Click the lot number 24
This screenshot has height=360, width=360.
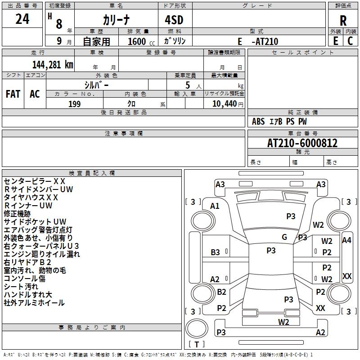[22, 19]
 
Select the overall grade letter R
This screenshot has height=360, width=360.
[343, 21]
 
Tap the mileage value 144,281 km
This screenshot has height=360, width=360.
[53, 65]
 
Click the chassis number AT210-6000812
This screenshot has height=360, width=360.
[302, 143]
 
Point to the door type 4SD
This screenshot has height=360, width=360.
[174, 20]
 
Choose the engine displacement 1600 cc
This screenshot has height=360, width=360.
[141, 41]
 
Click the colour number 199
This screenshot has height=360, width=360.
[74, 104]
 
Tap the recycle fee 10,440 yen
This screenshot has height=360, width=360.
[228, 104]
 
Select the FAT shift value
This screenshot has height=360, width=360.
[13, 94]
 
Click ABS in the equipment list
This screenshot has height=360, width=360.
[258, 121]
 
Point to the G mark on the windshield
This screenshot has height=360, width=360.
[284, 237]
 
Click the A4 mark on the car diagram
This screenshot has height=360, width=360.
[346, 240]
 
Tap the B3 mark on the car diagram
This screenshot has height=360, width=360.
[215, 252]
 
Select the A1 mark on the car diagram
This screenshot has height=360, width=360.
[215, 206]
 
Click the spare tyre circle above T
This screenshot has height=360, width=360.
[197, 328]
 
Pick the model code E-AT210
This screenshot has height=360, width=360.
[258, 41]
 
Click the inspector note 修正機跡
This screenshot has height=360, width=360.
[17, 213]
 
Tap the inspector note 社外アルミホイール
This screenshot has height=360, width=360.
[34, 303]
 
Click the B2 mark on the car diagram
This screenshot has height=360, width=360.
[221, 292]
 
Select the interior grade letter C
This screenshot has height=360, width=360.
[350, 41]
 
